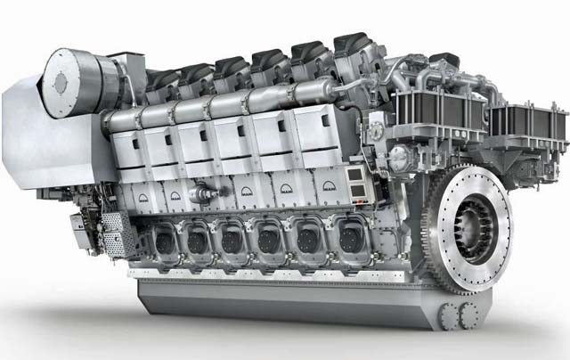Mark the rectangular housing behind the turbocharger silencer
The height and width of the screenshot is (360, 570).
tap(130, 67)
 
